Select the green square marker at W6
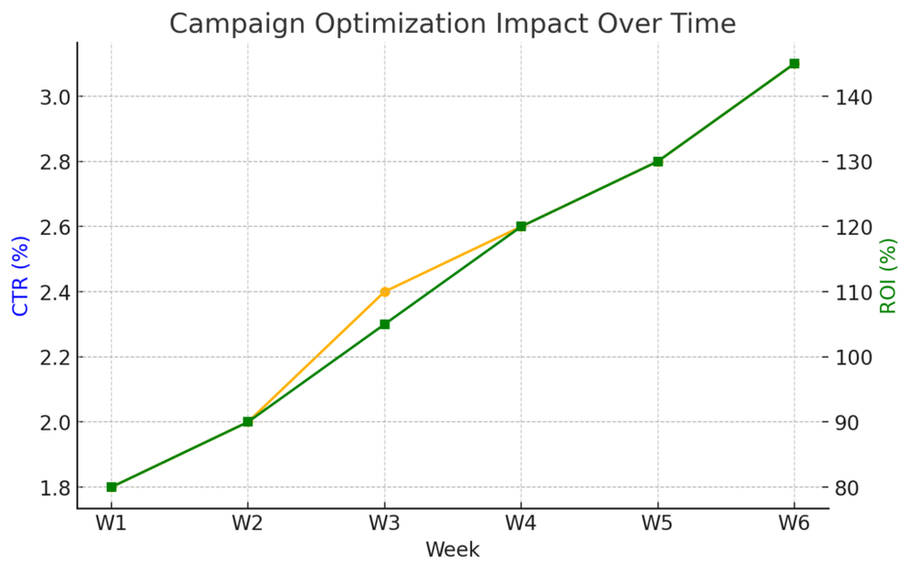(793, 64)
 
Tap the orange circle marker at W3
(385, 292)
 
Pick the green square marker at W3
(385, 324)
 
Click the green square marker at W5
(658, 161)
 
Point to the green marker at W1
(111, 487)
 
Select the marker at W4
(521, 226)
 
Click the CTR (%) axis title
(20, 276)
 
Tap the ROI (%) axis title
(888, 276)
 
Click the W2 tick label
(247, 525)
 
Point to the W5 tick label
(658, 525)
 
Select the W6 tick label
(793, 525)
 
